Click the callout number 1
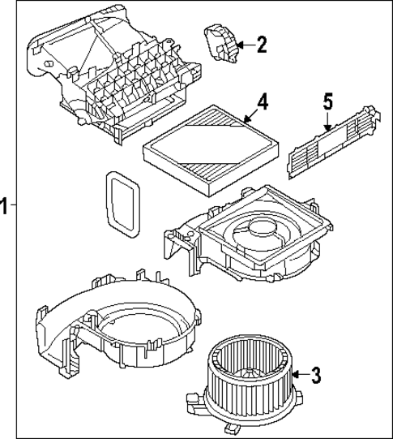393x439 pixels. tap(5, 206)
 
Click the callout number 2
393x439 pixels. tap(261, 45)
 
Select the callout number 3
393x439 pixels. tap(317, 375)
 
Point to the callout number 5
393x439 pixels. tap(328, 101)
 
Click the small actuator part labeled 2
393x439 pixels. tap(220, 41)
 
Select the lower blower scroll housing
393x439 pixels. tap(113, 325)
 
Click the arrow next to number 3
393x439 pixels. tap(297, 375)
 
